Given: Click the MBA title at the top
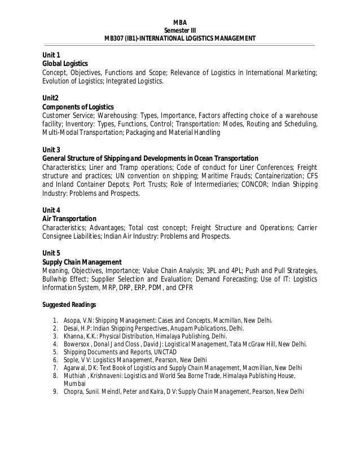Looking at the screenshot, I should (180, 21).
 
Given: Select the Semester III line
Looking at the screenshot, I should (180, 30).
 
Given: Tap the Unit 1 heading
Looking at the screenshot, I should (52, 55).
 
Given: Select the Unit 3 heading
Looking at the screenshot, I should (52, 150).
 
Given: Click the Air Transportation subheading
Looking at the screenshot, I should (69, 218).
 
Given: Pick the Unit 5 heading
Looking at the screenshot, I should (52, 253).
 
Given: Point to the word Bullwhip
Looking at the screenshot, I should (55, 279).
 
